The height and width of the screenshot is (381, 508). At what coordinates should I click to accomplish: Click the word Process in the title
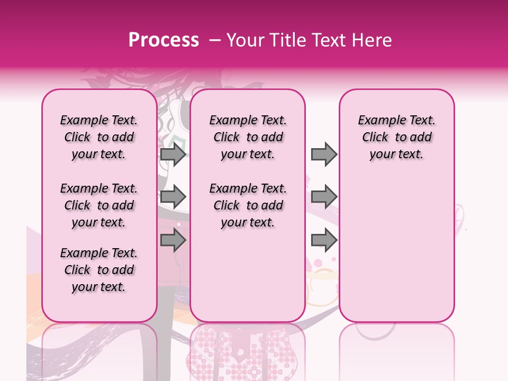(x=164, y=40)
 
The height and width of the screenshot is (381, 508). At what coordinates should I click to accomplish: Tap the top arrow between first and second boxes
(x=173, y=154)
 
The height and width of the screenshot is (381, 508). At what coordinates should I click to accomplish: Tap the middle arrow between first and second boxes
(x=173, y=197)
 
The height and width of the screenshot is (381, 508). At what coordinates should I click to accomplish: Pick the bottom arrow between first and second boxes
(x=173, y=241)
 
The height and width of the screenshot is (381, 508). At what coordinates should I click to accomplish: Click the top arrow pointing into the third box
(x=324, y=154)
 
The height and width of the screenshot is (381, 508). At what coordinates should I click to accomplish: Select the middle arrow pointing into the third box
(x=324, y=197)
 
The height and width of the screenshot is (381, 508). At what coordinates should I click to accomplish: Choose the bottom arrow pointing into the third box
(x=324, y=241)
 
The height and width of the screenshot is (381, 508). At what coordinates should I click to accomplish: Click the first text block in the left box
(x=99, y=137)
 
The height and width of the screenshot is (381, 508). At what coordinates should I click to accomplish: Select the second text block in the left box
(x=99, y=205)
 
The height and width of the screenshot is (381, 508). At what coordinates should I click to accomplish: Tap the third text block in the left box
(x=99, y=270)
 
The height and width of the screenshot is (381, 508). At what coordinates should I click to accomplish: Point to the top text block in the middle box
(x=248, y=137)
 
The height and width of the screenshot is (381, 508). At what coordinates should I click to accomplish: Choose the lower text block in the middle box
(x=248, y=205)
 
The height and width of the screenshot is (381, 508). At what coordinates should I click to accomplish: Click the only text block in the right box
(x=396, y=137)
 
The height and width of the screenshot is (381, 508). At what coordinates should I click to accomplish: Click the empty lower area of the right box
(x=396, y=249)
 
